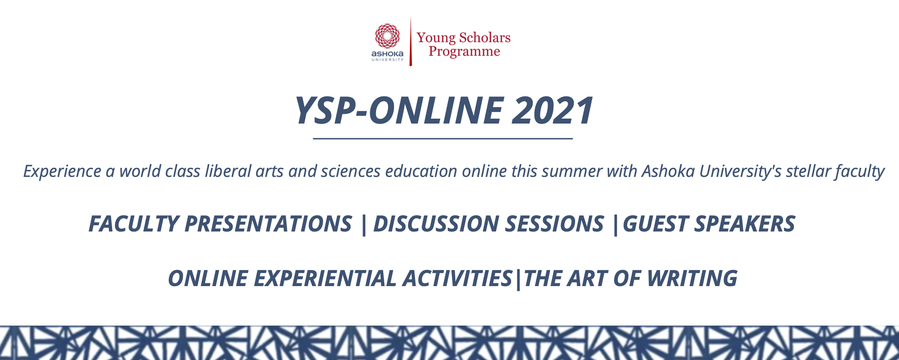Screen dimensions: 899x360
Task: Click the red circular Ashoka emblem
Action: (x=387, y=36)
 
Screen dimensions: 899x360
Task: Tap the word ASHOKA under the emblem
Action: (x=387, y=54)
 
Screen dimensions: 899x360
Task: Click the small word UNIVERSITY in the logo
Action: (x=388, y=60)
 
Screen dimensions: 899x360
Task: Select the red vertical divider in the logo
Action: (x=411, y=41)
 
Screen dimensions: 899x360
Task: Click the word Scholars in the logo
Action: (x=485, y=37)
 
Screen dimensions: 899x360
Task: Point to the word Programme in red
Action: (x=464, y=52)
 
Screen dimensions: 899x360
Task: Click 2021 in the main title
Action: (x=553, y=110)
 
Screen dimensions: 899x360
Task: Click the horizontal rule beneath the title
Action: (x=443, y=139)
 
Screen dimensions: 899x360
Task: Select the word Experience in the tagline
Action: (x=62, y=172)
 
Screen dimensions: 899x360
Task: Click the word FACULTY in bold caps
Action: (x=134, y=224)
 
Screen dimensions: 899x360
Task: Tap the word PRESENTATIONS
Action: (x=268, y=224)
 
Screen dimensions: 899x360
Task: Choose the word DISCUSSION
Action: (x=436, y=224)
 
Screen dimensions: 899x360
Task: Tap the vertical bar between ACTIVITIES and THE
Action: (x=518, y=279)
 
